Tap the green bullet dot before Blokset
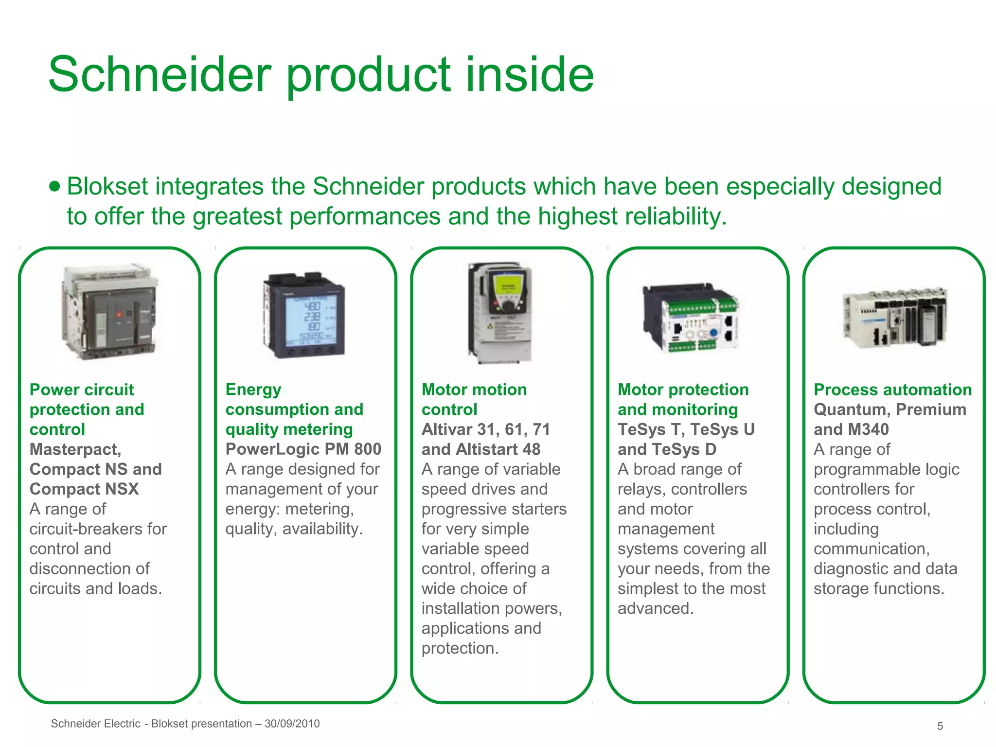click(x=55, y=186)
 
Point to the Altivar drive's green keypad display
click(x=508, y=287)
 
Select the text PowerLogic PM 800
click(x=303, y=449)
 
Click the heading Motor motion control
click(x=474, y=399)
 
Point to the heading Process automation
click(x=893, y=390)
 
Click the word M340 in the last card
click(x=868, y=429)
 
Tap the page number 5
click(x=940, y=726)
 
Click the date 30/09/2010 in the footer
click(x=292, y=724)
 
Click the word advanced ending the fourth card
click(x=655, y=608)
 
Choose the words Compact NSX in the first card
click(x=84, y=489)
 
